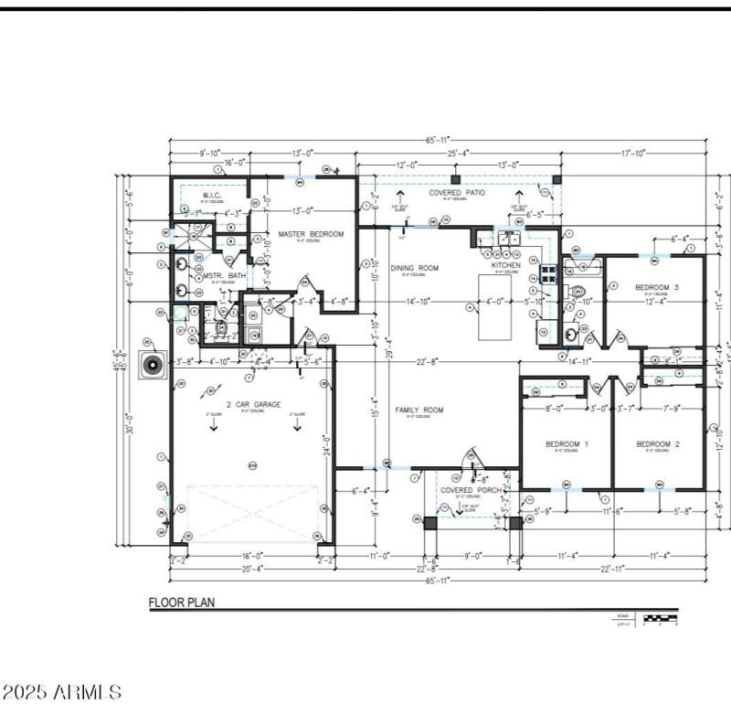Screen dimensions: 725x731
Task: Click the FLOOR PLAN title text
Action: (x=181, y=603)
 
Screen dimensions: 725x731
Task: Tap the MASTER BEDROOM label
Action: (x=311, y=235)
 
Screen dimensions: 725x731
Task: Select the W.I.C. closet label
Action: (x=214, y=196)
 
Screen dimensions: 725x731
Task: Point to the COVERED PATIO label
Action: (x=457, y=193)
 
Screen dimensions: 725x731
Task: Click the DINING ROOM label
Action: (x=415, y=268)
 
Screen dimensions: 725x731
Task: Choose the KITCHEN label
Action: (x=507, y=265)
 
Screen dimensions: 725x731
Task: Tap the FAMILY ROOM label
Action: (x=418, y=410)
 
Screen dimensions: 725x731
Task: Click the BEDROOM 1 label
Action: (x=567, y=444)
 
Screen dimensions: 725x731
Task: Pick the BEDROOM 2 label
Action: (x=658, y=444)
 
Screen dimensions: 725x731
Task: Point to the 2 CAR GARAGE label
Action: (x=254, y=404)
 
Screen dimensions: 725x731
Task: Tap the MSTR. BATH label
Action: (x=223, y=275)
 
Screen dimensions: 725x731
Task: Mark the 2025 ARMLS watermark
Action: (x=62, y=692)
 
